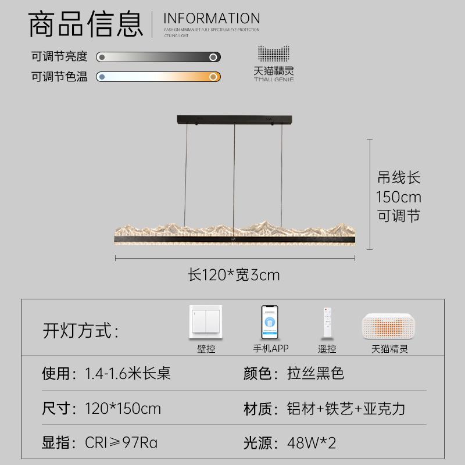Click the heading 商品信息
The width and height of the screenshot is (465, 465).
(x=85, y=24)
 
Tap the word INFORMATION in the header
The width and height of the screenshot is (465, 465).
(x=212, y=18)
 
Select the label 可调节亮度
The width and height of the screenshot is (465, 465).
(x=59, y=56)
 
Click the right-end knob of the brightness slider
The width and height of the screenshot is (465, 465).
(x=213, y=57)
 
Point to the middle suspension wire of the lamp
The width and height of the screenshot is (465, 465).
(x=234, y=174)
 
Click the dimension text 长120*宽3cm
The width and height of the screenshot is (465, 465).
(x=234, y=274)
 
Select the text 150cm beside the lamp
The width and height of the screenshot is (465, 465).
(x=399, y=196)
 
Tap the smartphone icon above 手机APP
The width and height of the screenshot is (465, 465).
(x=270, y=323)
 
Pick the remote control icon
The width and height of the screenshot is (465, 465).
(x=327, y=324)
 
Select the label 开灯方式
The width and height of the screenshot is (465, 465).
(x=80, y=331)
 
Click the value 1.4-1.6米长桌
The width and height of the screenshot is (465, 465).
(x=128, y=373)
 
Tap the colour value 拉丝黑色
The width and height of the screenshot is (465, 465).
(x=316, y=373)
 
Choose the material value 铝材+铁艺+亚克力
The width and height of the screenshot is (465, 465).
(x=346, y=409)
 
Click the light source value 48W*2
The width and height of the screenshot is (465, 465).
(x=312, y=443)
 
